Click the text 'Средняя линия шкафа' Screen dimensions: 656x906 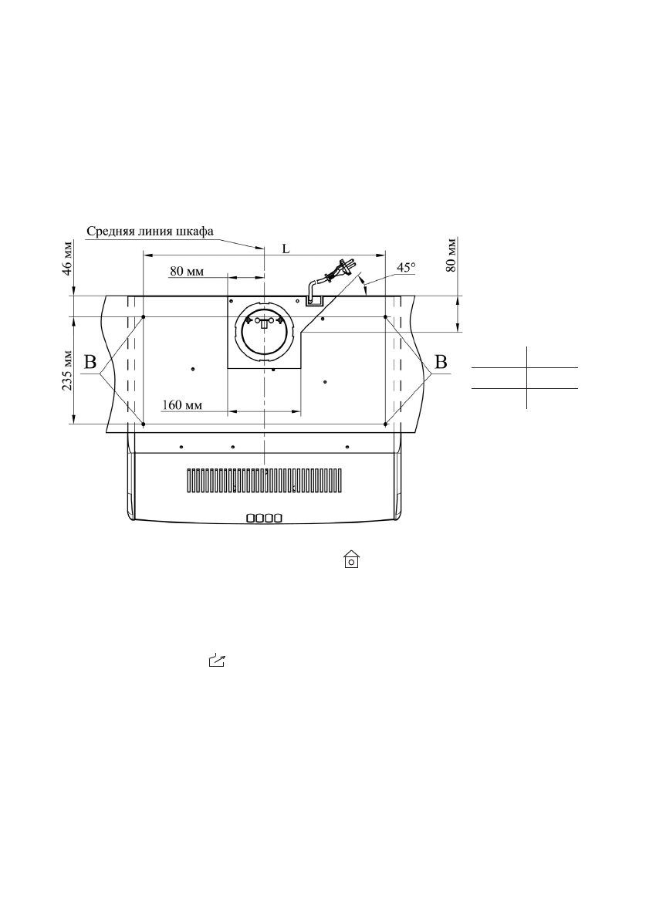(150, 231)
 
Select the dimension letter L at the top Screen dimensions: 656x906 (286, 249)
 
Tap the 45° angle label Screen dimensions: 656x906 (406, 268)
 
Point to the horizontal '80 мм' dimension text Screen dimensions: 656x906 (187, 271)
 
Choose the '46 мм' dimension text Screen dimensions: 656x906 (68, 259)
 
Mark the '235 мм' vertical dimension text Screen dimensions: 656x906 (68, 370)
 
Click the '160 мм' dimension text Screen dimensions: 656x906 (182, 404)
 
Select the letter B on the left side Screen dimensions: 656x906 (90, 362)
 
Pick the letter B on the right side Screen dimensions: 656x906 (441, 362)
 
